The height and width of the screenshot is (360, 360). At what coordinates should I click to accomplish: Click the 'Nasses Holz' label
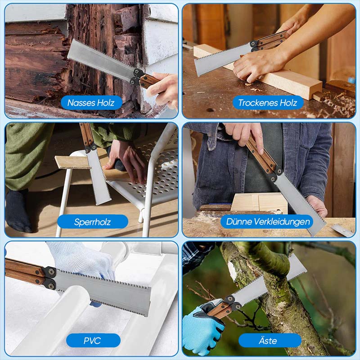pyautogui.click(x=91, y=103)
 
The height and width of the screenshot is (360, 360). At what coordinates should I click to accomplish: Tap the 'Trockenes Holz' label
pyautogui.click(x=268, y=103)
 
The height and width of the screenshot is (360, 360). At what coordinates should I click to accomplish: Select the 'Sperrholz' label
pyautogui.click(x=92, y=222)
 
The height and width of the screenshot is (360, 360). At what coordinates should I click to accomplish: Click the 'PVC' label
pyautogui.click(x=93, y=341)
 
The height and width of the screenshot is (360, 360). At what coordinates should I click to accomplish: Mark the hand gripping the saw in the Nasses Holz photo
pyautogui.click(x=162, y=88)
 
